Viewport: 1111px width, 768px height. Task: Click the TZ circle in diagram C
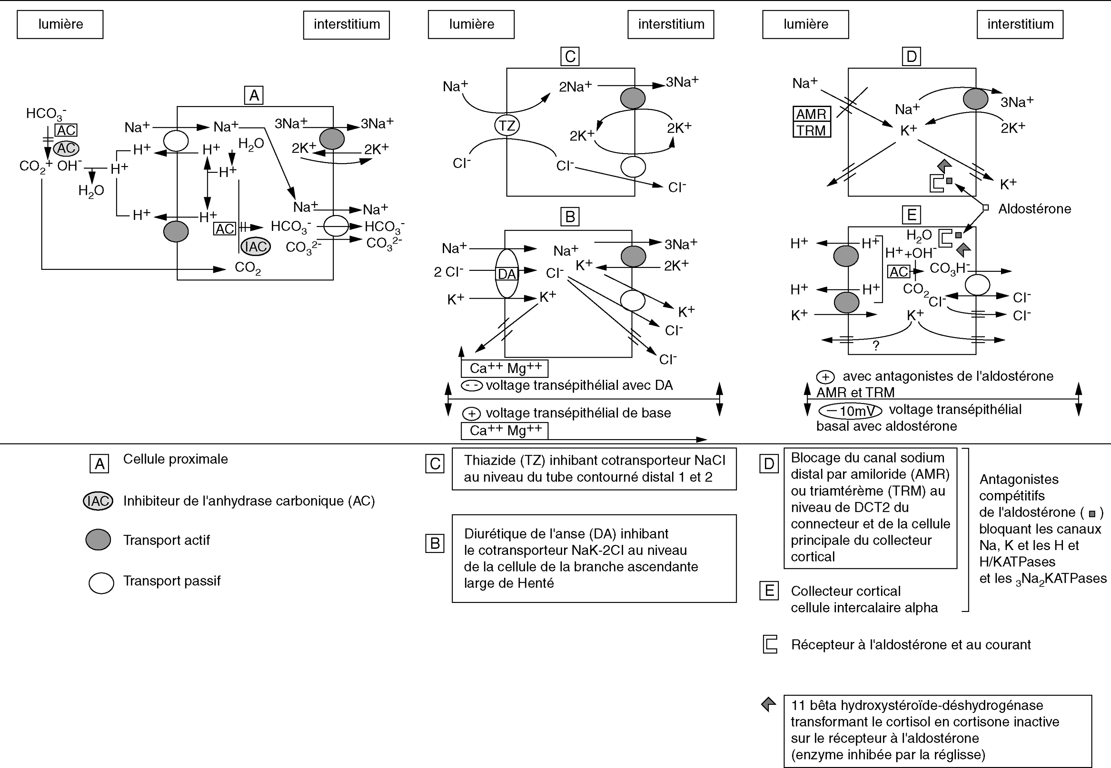click(x=507, y=126)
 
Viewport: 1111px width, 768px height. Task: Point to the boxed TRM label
click(x=811, y=130)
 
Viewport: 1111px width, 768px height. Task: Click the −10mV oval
click(x=850, y=411)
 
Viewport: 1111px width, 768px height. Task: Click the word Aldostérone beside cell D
click(x=1034, y=209)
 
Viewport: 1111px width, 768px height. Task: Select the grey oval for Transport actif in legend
click(x=98, y=540)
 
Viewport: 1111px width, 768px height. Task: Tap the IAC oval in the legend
click(x=98, y=501)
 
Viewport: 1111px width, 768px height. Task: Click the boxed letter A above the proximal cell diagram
click(x=254, y=95)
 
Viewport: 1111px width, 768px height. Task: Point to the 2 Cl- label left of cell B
click(x=448, y=271)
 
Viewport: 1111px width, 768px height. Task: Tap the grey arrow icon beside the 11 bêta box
click(x=769, y=704)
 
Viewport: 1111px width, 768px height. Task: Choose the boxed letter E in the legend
click(x=769, y=591)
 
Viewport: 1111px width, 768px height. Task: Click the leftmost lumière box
click(x=60, y=25)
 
